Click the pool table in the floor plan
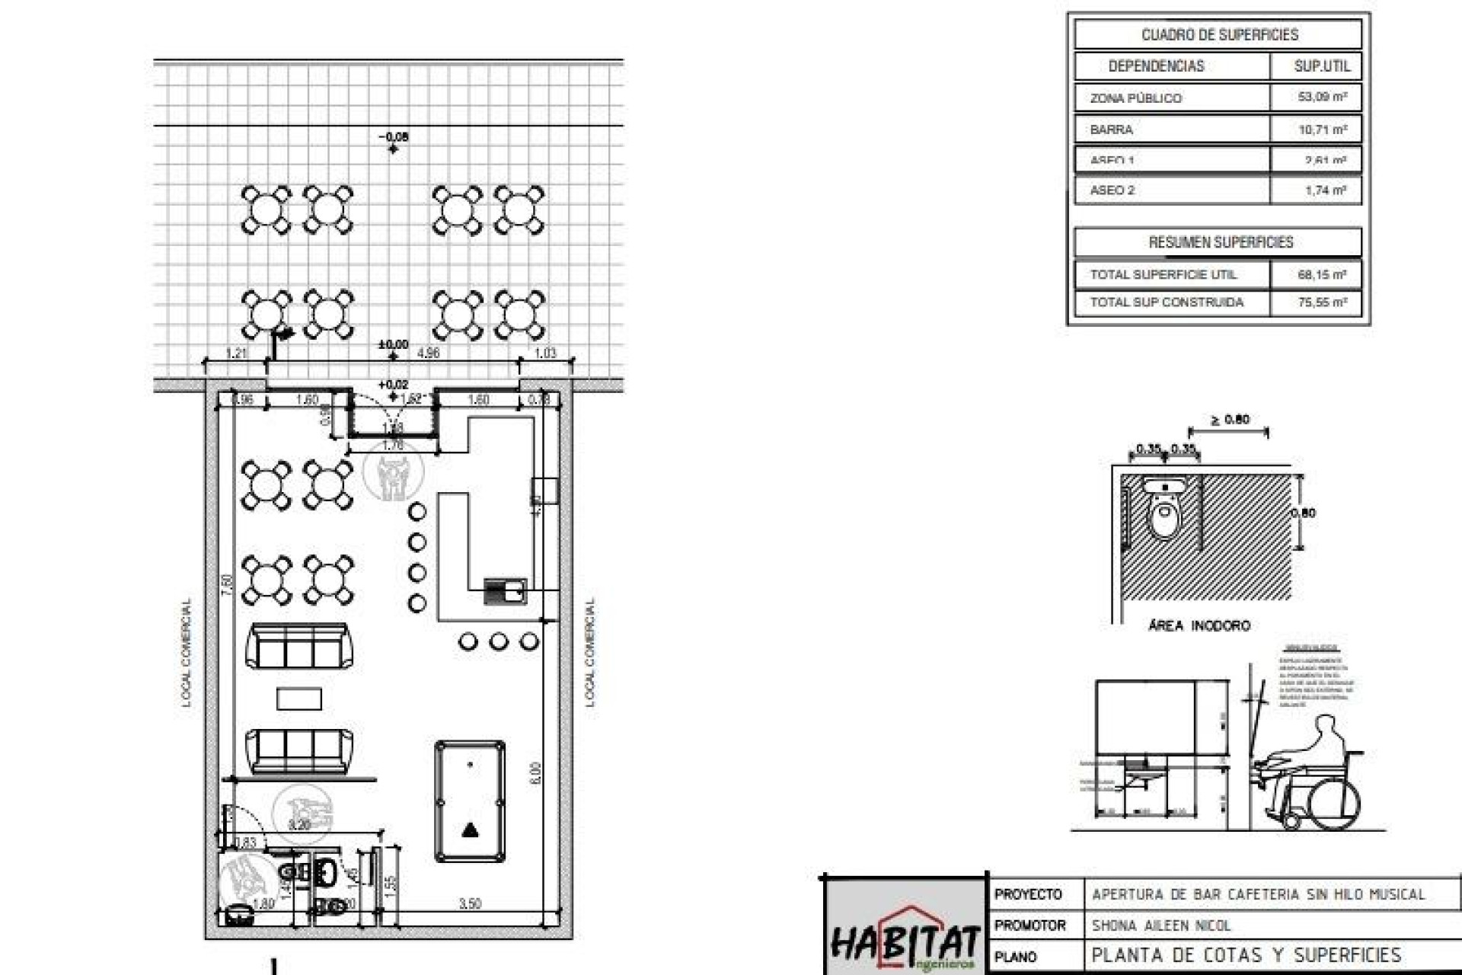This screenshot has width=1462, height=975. tap(470, 801)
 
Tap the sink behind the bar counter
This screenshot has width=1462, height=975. tap(505, 590)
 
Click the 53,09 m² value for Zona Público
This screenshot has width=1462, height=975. tap(1322, 97)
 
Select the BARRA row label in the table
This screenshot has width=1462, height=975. tap(1111, 129)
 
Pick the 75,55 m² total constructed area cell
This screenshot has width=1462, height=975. tap(1322, 302)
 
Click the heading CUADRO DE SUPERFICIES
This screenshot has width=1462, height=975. tap(1219, 35)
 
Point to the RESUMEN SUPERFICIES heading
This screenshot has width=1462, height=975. tap(1221, 242)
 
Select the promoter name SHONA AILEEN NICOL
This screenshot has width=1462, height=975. tap(1161, 925)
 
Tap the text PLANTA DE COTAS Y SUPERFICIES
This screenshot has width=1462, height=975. tap(1246, 955)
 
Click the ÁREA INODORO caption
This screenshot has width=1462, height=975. tap(1199, 625)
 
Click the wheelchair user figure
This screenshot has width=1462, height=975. tap(1314, 777)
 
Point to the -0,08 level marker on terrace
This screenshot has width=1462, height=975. tap(394, 137)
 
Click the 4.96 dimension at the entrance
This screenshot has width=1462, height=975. tap(429, 353)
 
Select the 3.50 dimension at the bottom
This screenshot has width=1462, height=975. tap(470, 903)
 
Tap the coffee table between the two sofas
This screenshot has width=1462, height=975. tap(298, 698)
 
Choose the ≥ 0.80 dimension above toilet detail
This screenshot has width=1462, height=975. tap(1229, 420)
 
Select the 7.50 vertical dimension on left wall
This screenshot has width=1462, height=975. tap(226, 584)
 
